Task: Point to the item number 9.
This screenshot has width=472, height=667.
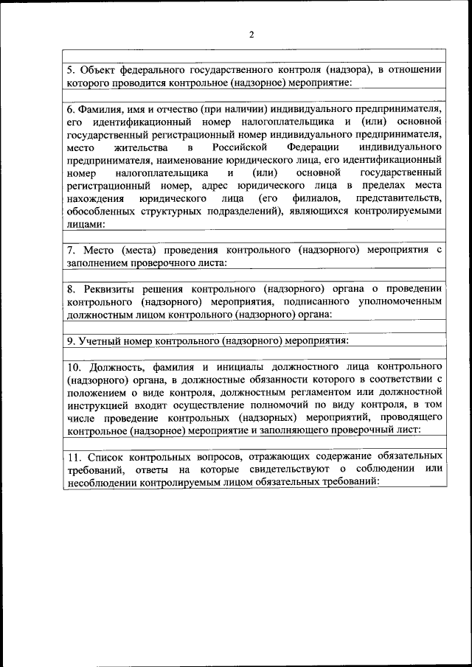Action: [71, 341]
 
